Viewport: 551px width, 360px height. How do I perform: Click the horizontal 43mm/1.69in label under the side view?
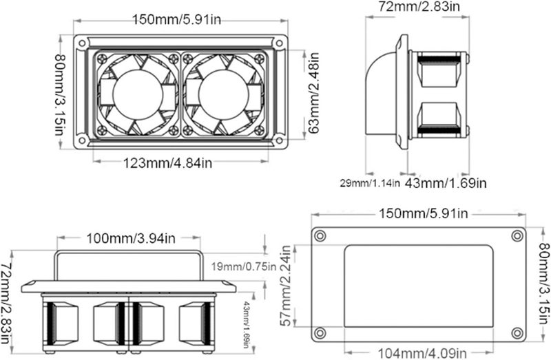447,183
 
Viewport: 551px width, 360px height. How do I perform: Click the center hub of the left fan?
134,93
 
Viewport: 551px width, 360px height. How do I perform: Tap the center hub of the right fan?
222,93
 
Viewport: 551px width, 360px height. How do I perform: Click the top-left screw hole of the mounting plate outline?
320,236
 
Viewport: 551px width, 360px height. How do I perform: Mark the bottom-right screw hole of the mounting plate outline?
516,335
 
